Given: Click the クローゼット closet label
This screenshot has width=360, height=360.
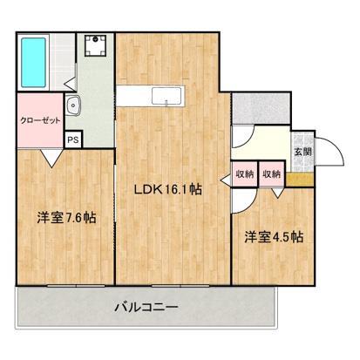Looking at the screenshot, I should [40, 121].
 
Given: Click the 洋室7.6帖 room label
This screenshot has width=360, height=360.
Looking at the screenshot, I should [65, 216].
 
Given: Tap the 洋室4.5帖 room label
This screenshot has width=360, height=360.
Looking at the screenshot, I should [273, 236].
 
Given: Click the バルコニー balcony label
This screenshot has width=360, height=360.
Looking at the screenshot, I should [146, 307].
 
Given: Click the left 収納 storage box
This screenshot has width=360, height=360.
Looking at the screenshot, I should [244, 174].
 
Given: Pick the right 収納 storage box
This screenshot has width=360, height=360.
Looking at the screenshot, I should [272, 174].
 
